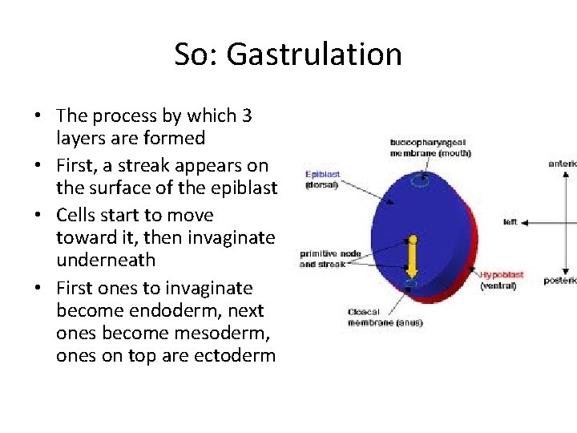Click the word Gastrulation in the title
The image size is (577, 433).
[314, 55]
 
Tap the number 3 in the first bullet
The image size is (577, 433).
[246, 116]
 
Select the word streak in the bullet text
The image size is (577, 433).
[159, 166]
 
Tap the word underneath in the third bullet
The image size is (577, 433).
[106, 260]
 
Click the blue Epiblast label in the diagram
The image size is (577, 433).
[322, 173]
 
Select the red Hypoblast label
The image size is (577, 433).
[502, 274]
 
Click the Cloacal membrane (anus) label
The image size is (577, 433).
[385, 318]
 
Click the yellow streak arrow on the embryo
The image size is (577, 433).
[413, 261]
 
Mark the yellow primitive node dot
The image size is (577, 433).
[413, 239]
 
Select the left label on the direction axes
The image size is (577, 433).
[510, 221]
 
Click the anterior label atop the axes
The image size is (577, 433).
[563, 164]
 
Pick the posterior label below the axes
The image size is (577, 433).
[562, 281]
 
